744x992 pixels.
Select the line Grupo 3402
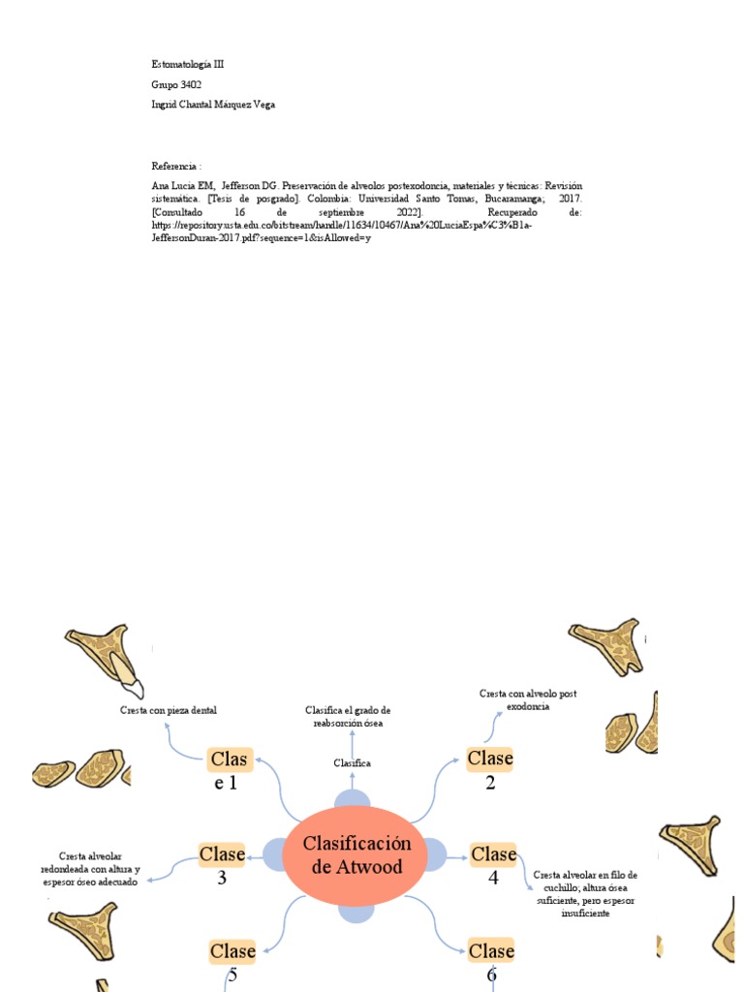[176, 84]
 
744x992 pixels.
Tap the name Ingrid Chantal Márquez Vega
[213, 105]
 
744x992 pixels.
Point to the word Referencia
[176, 166]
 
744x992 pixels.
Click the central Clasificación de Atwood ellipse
[356, 853]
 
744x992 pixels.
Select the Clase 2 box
[490, 759]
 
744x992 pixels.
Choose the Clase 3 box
[222, 853]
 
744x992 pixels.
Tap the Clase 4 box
[493, 853]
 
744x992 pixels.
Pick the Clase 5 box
[232, 950]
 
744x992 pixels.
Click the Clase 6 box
[491, 950]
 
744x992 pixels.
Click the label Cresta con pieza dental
[169, 710]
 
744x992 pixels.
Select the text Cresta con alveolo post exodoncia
[528, 699]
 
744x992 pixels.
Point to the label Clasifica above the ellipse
[353, 763]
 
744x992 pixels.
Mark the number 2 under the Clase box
[490, 783]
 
